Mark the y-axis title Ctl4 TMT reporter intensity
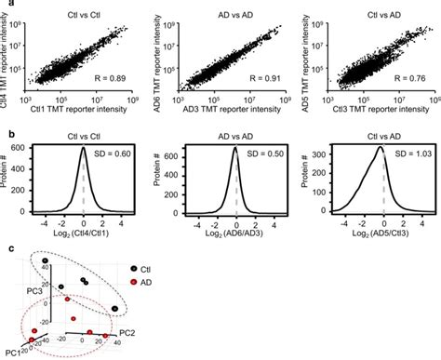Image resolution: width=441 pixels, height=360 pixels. [7, 58]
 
